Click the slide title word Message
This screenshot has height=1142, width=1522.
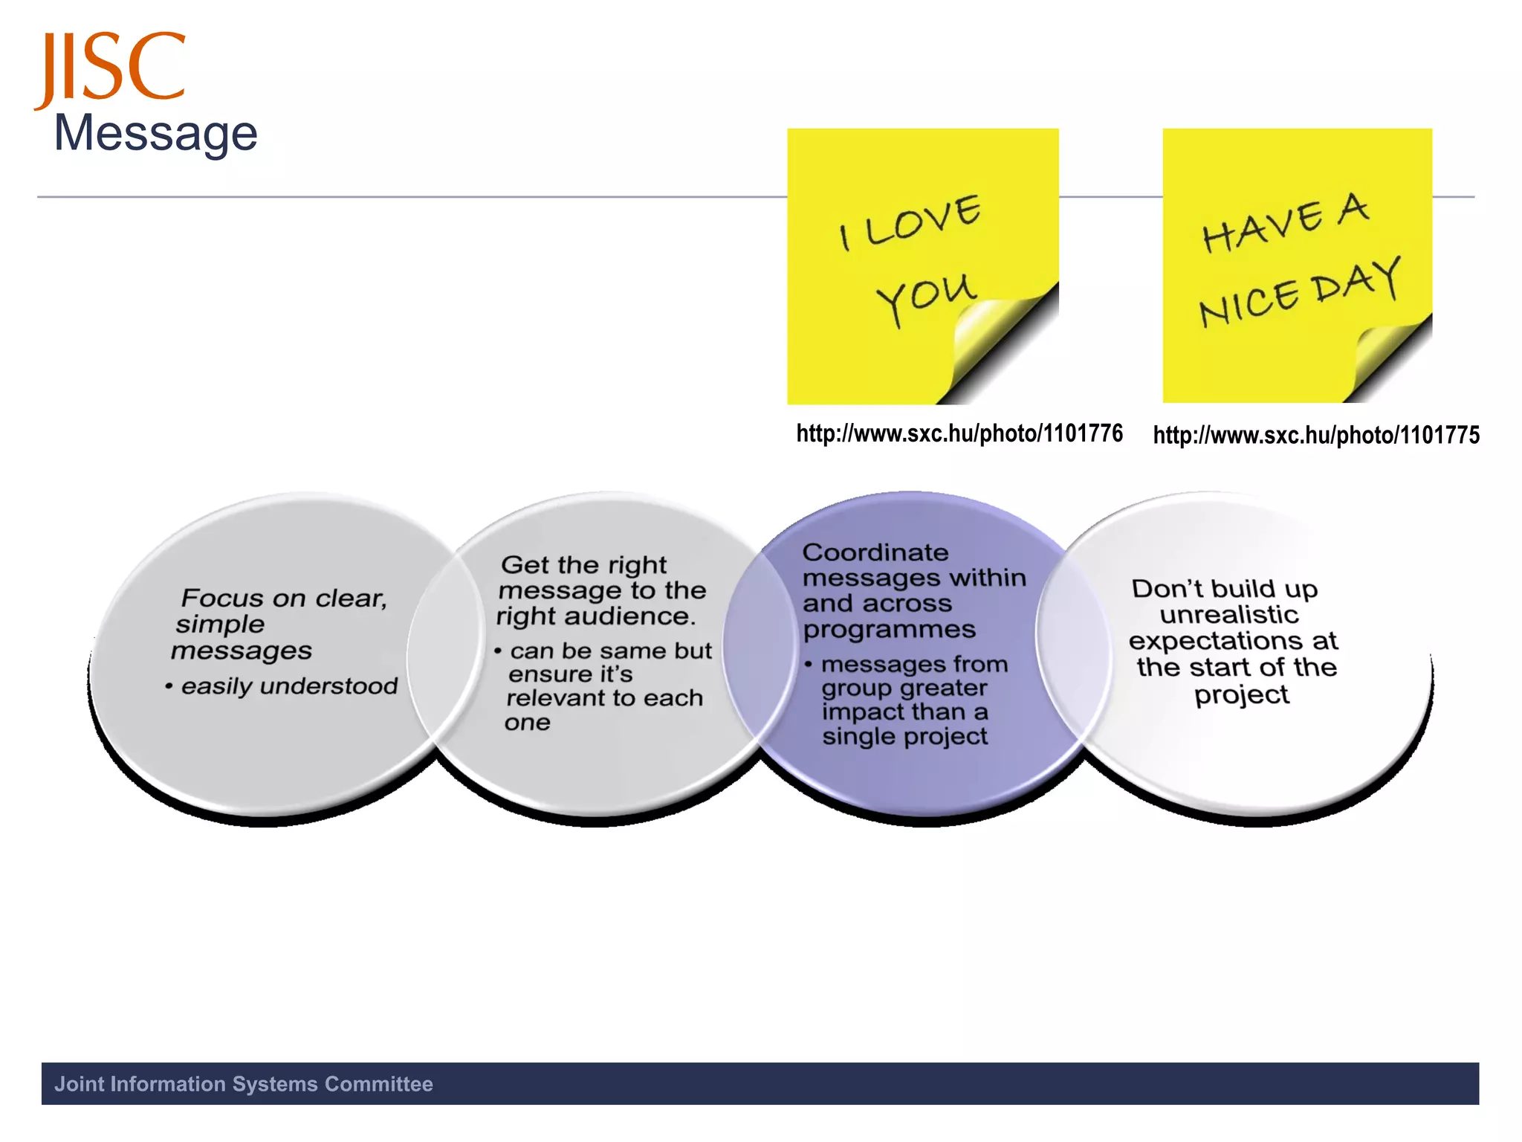coord(156,134)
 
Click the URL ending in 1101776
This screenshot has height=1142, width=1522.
coord(959,433)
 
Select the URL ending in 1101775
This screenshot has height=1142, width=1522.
coord(1316,436)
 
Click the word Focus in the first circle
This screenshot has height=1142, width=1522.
coord(222,599)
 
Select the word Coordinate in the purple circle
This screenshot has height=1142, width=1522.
coord(875,552)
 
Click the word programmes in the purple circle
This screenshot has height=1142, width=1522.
coord(889,630)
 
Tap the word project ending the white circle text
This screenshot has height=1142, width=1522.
coord(1241,695)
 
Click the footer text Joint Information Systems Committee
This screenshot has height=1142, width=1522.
coord(244,1084)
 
